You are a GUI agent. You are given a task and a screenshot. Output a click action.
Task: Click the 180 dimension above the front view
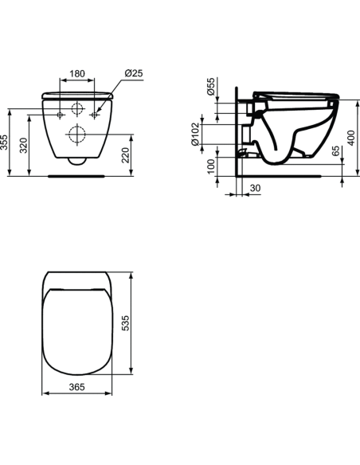pyautogui.click(x=76, y=74)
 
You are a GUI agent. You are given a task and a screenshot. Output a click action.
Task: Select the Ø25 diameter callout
pyautogui.click(x=133, y=74)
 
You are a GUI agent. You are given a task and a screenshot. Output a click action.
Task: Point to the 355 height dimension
pyautogui.click(x=7, y=143)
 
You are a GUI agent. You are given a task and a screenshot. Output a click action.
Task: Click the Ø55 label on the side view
pyautogui.click(x=211, y=87)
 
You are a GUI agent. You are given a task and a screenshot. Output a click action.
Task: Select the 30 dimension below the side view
pyautogui.click(x=255, y=188)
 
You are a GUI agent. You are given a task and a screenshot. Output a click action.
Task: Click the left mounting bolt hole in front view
pyautogui.click(x=61, y=115)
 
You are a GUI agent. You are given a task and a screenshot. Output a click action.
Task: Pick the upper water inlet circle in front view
pyautogui.click(x=77, y=108)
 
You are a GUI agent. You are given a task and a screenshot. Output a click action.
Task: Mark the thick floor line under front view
pyautogui.click(x=77, y=174)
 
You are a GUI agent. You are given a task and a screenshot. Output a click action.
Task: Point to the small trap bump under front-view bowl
pyautogui.click(x=77, y=161)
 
